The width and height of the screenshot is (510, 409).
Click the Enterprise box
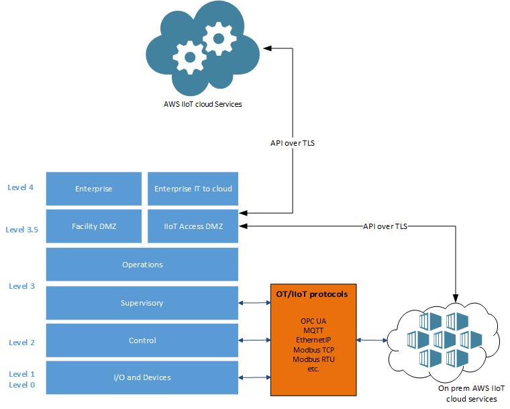click(93, 189)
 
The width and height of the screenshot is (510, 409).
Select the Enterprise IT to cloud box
click(193, 189)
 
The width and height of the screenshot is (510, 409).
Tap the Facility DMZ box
click(93, 226)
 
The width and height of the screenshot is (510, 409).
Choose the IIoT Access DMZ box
click(193, 226)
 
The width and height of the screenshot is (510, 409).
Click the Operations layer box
click(142, 265)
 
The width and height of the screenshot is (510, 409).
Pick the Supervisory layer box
click(142, 303)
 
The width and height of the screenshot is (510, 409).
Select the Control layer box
click(142, 340)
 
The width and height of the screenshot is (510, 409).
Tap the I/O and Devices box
click(142, 377)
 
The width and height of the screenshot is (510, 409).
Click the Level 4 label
click(21, 187)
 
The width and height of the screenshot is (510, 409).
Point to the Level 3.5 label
click(22, 229)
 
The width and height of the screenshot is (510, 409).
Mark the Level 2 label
click(21, 343)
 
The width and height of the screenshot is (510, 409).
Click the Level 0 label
click(21, 385)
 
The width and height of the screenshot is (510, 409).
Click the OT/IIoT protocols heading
click(312, 294)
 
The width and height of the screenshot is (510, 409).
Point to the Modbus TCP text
click(312, 350)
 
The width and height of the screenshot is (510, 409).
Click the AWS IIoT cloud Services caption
click(203, 104)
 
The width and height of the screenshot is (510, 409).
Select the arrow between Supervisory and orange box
click(255, 303)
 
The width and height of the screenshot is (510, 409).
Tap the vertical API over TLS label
click(293, 143)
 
